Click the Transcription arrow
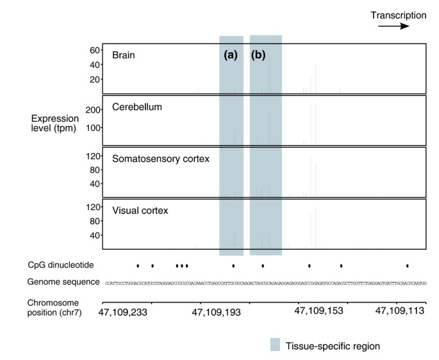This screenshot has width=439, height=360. click(393, 27)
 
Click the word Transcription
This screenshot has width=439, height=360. click(398, 14)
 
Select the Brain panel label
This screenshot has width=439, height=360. click(124, 55)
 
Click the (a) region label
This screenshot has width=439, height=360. click(231, 55)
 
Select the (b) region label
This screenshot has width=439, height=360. click(259, 55)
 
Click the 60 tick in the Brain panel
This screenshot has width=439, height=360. click(93, 50)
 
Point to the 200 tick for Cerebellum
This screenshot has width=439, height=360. click(90, 110)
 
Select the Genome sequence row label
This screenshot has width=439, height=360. click(63, 282)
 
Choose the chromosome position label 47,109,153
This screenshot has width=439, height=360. click(319, 312)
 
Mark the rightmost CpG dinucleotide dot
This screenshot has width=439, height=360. click(408, 265)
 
